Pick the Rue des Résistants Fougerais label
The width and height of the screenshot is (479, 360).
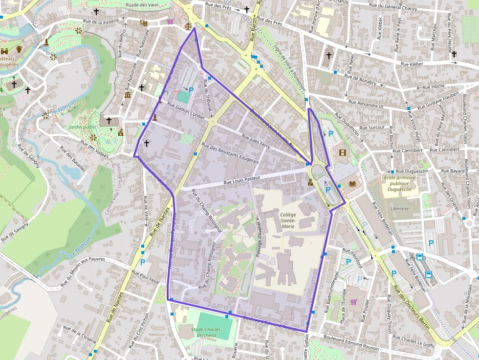click(230, 153)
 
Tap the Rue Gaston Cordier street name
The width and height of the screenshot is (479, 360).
click(186, 110)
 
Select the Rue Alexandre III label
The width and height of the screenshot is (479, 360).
click(366, 104)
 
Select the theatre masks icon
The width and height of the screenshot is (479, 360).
click(143, 22)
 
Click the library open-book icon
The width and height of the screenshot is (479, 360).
click(352, 184)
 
